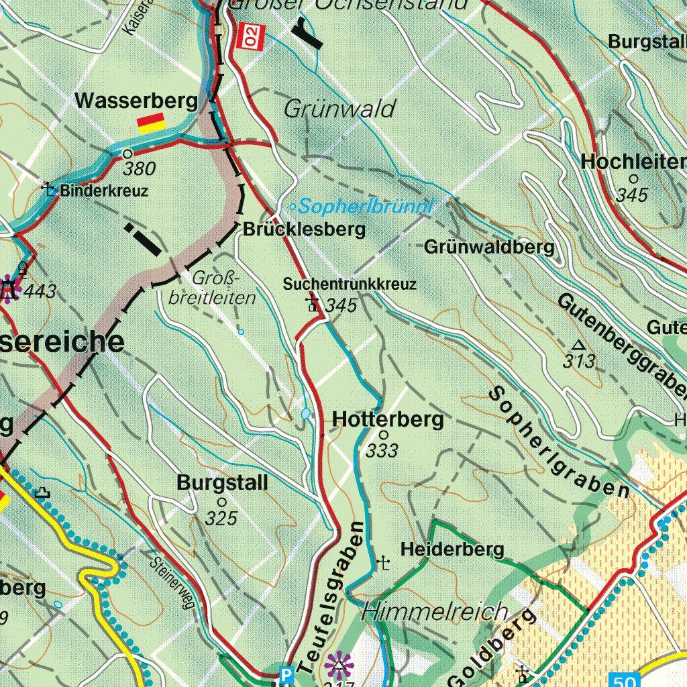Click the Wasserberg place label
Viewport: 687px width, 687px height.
point(136,101)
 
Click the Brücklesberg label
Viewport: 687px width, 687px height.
point(305,229)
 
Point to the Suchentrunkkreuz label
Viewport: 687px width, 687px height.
point(350,284)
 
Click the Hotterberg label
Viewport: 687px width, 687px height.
point(388,420)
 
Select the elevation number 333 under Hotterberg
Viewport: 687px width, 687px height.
point(382,451)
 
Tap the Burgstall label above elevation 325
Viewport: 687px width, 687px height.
point(222,483)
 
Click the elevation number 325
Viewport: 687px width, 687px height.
point(221,518)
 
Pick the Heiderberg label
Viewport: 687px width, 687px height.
point(452,550)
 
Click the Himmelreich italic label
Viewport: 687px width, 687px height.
point(435,612)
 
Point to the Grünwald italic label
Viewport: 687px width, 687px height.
point(339,109)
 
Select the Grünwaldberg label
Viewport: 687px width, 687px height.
point(489,248)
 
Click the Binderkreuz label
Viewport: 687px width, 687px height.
point(103,191)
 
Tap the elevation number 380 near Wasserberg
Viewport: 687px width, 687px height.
point(140,168)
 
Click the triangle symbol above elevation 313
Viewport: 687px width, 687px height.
point(578,346)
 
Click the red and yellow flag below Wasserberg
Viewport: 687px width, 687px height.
point(151,122)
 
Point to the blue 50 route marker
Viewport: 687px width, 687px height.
point(623,680)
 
